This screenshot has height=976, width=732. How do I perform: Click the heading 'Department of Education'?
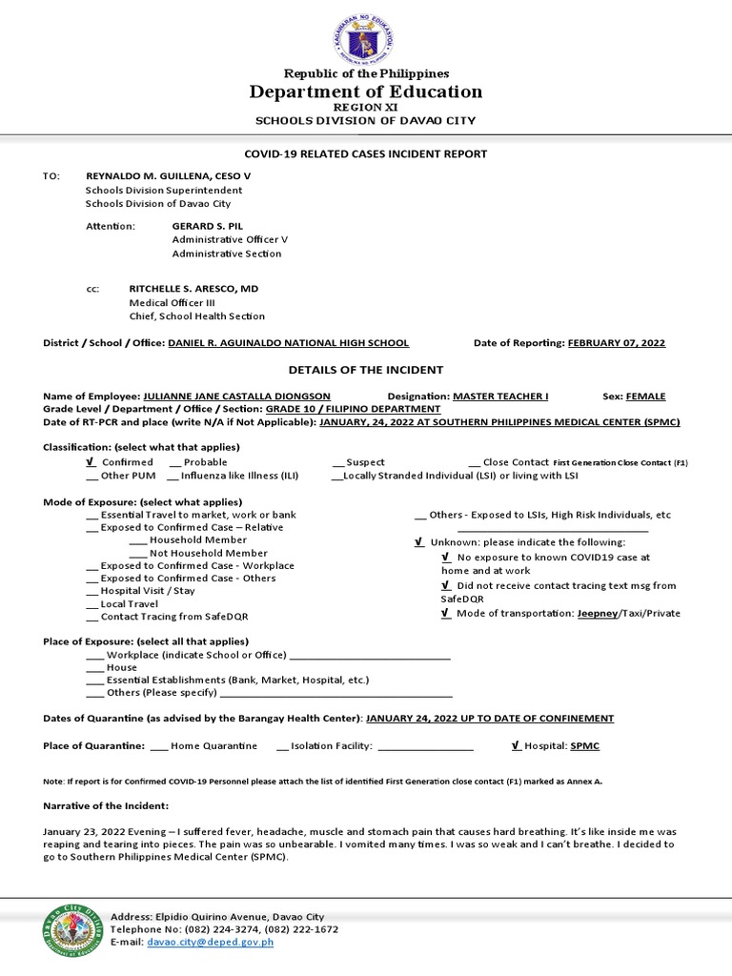coord(365,91)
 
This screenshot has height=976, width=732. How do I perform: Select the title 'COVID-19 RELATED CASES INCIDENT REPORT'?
coord(365,153)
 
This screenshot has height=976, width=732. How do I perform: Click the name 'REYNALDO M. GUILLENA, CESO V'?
coord(168,176)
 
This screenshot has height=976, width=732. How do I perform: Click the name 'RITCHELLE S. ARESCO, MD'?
coord(193,288)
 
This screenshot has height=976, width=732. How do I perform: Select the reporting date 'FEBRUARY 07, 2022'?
coord(616,343)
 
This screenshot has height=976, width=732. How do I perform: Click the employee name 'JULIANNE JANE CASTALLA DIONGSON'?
coord(236,396)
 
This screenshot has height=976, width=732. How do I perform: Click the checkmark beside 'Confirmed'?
coord(91,461)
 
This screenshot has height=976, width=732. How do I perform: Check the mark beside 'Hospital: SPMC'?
coord(516,745)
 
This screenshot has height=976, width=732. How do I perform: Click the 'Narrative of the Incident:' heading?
coord(106,805)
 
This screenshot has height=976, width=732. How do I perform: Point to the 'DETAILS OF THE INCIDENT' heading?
coord(365,370)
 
